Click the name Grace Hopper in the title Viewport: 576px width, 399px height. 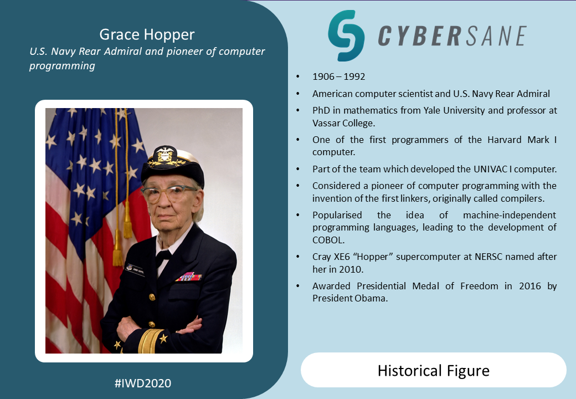[x=147, y=34]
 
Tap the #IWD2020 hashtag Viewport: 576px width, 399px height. [x=143, y=383]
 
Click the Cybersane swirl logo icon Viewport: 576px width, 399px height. [x=346, y=35]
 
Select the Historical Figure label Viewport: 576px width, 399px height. [x=434, y=371]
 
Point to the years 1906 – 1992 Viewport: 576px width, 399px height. [x=339, y=76]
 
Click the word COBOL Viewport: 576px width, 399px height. [x=328, y=240]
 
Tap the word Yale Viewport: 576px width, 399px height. [x=431, y=110]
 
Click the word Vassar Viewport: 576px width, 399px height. [x=326, y=122]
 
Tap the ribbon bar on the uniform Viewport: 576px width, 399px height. [x=188, y=277]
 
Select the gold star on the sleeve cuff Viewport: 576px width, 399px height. [x=163, y=338]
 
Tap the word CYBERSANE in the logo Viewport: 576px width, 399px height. [x=452, y=36]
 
